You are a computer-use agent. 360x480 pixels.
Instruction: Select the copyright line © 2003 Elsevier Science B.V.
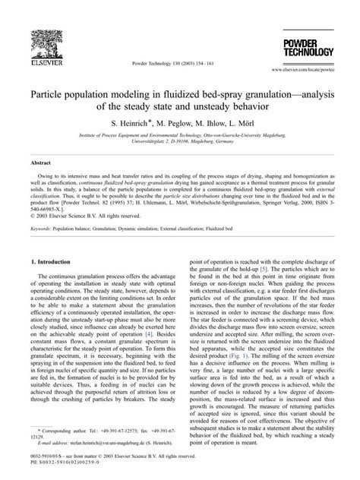pos(84,215)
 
